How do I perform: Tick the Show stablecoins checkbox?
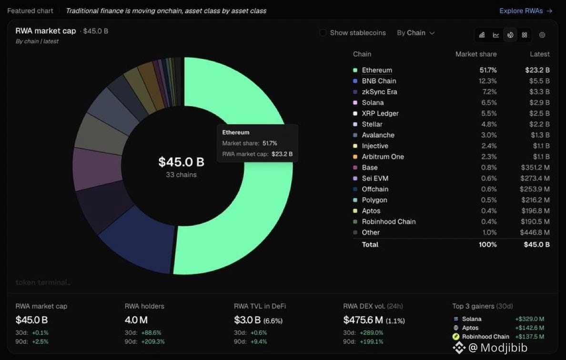point(323,33)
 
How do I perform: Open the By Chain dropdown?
point(415,33)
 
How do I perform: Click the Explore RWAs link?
point(526,11)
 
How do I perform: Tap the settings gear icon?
point(542,35)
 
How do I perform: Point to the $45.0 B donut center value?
point(181,162)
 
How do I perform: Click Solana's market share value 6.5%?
point(489,102)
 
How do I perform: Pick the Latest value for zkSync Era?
point(539,91)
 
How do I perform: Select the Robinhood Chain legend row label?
point(388,221)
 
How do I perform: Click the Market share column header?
point(476,54)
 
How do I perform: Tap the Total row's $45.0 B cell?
point(537,245)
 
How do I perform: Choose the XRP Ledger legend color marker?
point(355,113)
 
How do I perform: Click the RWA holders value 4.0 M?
point(136,320)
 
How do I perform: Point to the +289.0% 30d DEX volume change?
point(372,332)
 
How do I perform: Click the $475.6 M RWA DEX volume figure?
point(363,320)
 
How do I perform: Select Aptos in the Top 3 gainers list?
point(470,328)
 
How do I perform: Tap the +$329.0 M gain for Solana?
point(529,319)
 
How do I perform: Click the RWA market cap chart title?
point(45,31)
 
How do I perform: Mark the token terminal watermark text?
point(43,282)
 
